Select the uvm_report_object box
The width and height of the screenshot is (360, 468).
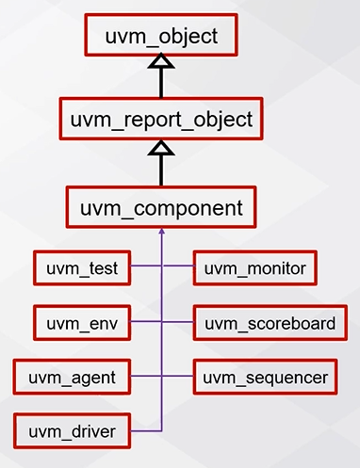click(161, 121)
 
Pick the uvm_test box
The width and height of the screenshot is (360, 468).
click(81, 269)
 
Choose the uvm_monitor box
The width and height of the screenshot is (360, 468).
click(254, 269)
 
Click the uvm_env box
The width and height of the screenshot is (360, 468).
click(81, 324)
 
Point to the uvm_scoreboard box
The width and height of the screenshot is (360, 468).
click(270, 324)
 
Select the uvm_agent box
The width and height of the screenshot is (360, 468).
click(71, 379)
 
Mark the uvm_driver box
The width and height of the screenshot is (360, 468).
click(71, 432)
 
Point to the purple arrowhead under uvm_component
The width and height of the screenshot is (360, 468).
click(162, 232)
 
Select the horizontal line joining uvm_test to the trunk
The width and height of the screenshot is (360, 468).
click(145, 269)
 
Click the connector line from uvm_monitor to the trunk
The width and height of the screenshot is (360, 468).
click(178, 269)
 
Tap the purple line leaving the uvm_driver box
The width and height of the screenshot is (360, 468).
click(145, 432)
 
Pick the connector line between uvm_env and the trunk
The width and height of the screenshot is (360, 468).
click(145, 324)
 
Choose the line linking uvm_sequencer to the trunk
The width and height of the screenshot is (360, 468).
click(178, 379)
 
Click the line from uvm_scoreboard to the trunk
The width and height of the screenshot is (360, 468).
click(178, 324)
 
